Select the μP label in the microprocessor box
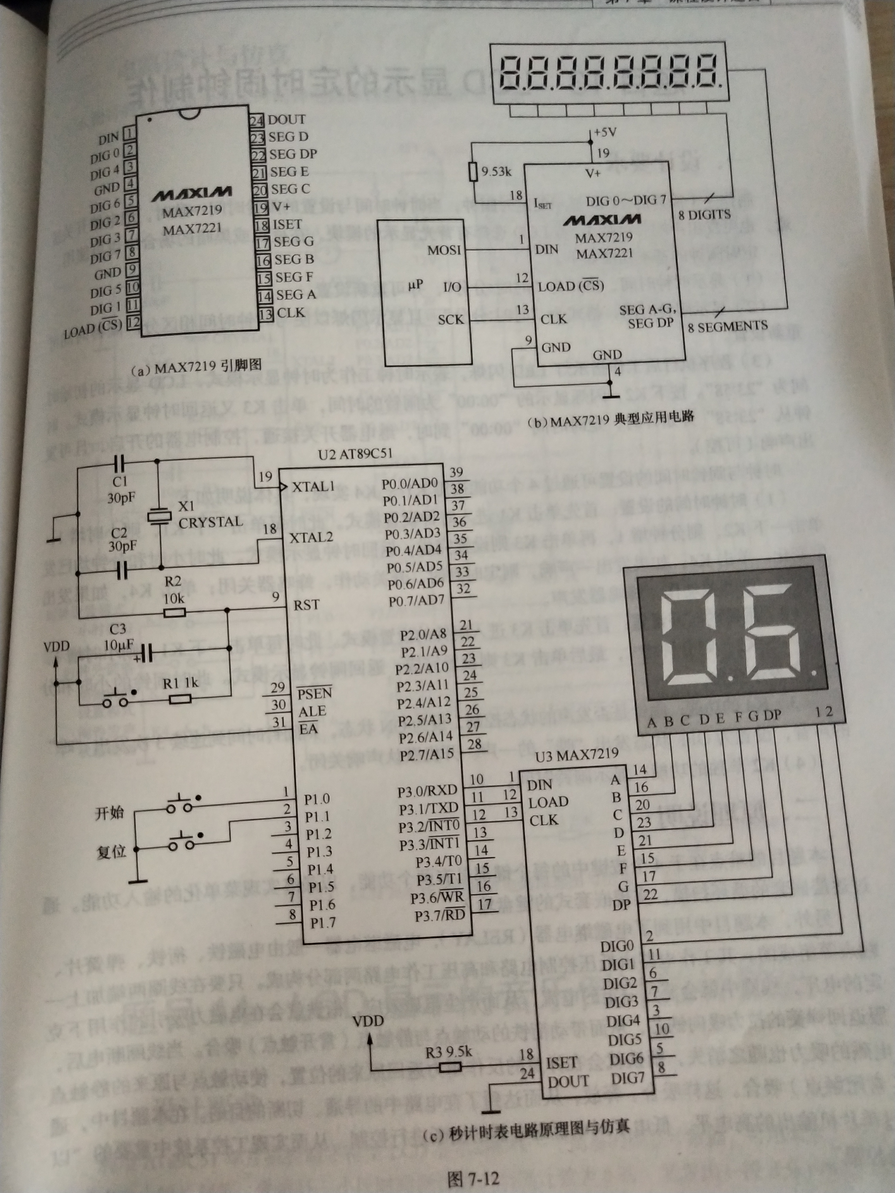(416, 284)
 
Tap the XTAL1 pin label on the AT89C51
(313, 487)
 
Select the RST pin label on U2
(306, 605)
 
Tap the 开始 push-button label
(110, 813)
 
